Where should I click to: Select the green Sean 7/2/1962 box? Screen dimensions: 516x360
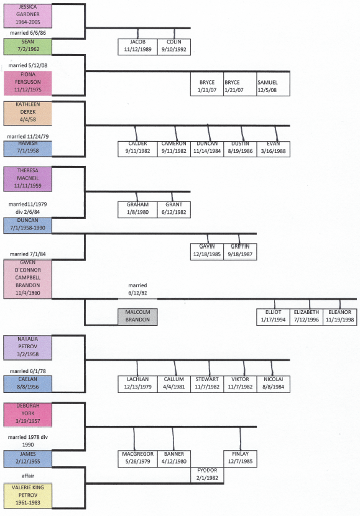tap(27, 46)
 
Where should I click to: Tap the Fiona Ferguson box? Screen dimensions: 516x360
tap(27, 81)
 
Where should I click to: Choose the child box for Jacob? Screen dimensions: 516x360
tap(137, 46)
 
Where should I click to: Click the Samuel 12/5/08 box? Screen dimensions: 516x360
tap(274, 86)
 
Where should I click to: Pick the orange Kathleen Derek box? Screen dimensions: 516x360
tap(27, 113)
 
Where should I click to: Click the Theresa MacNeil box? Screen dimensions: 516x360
tap(27, 178)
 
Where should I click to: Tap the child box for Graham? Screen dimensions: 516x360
tap(137, 209)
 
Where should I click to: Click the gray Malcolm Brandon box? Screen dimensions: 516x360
tap(137, 316)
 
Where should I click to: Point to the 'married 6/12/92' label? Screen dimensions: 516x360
tap(137, 288)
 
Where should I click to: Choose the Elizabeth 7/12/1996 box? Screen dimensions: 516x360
tap(307, 316)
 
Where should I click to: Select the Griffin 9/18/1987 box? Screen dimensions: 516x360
tap(240, 251)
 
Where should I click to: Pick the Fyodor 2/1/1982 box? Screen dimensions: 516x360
tap(207, 474)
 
